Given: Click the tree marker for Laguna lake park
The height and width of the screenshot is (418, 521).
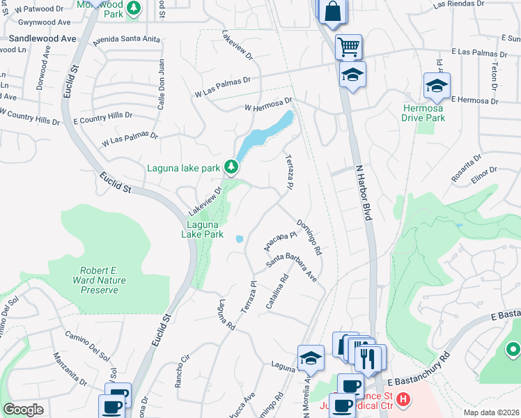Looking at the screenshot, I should point(232,167).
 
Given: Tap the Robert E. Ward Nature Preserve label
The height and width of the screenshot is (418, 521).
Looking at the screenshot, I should point(99,279).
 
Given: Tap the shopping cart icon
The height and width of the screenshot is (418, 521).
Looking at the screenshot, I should point(348,47).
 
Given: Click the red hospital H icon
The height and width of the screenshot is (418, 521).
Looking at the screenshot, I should point(403,399).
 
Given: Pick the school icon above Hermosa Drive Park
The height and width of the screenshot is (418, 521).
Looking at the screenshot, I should point(437,86).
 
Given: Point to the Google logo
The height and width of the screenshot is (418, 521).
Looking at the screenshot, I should point(23,410).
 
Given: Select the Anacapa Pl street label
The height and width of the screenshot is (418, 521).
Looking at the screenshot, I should point(276,241).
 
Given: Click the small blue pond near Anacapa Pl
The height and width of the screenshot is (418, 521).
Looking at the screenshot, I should point(240,239).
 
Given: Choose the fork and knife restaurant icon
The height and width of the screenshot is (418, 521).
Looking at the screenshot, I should point(368,359).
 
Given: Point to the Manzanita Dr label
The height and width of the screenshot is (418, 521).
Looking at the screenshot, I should point(70,369).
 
